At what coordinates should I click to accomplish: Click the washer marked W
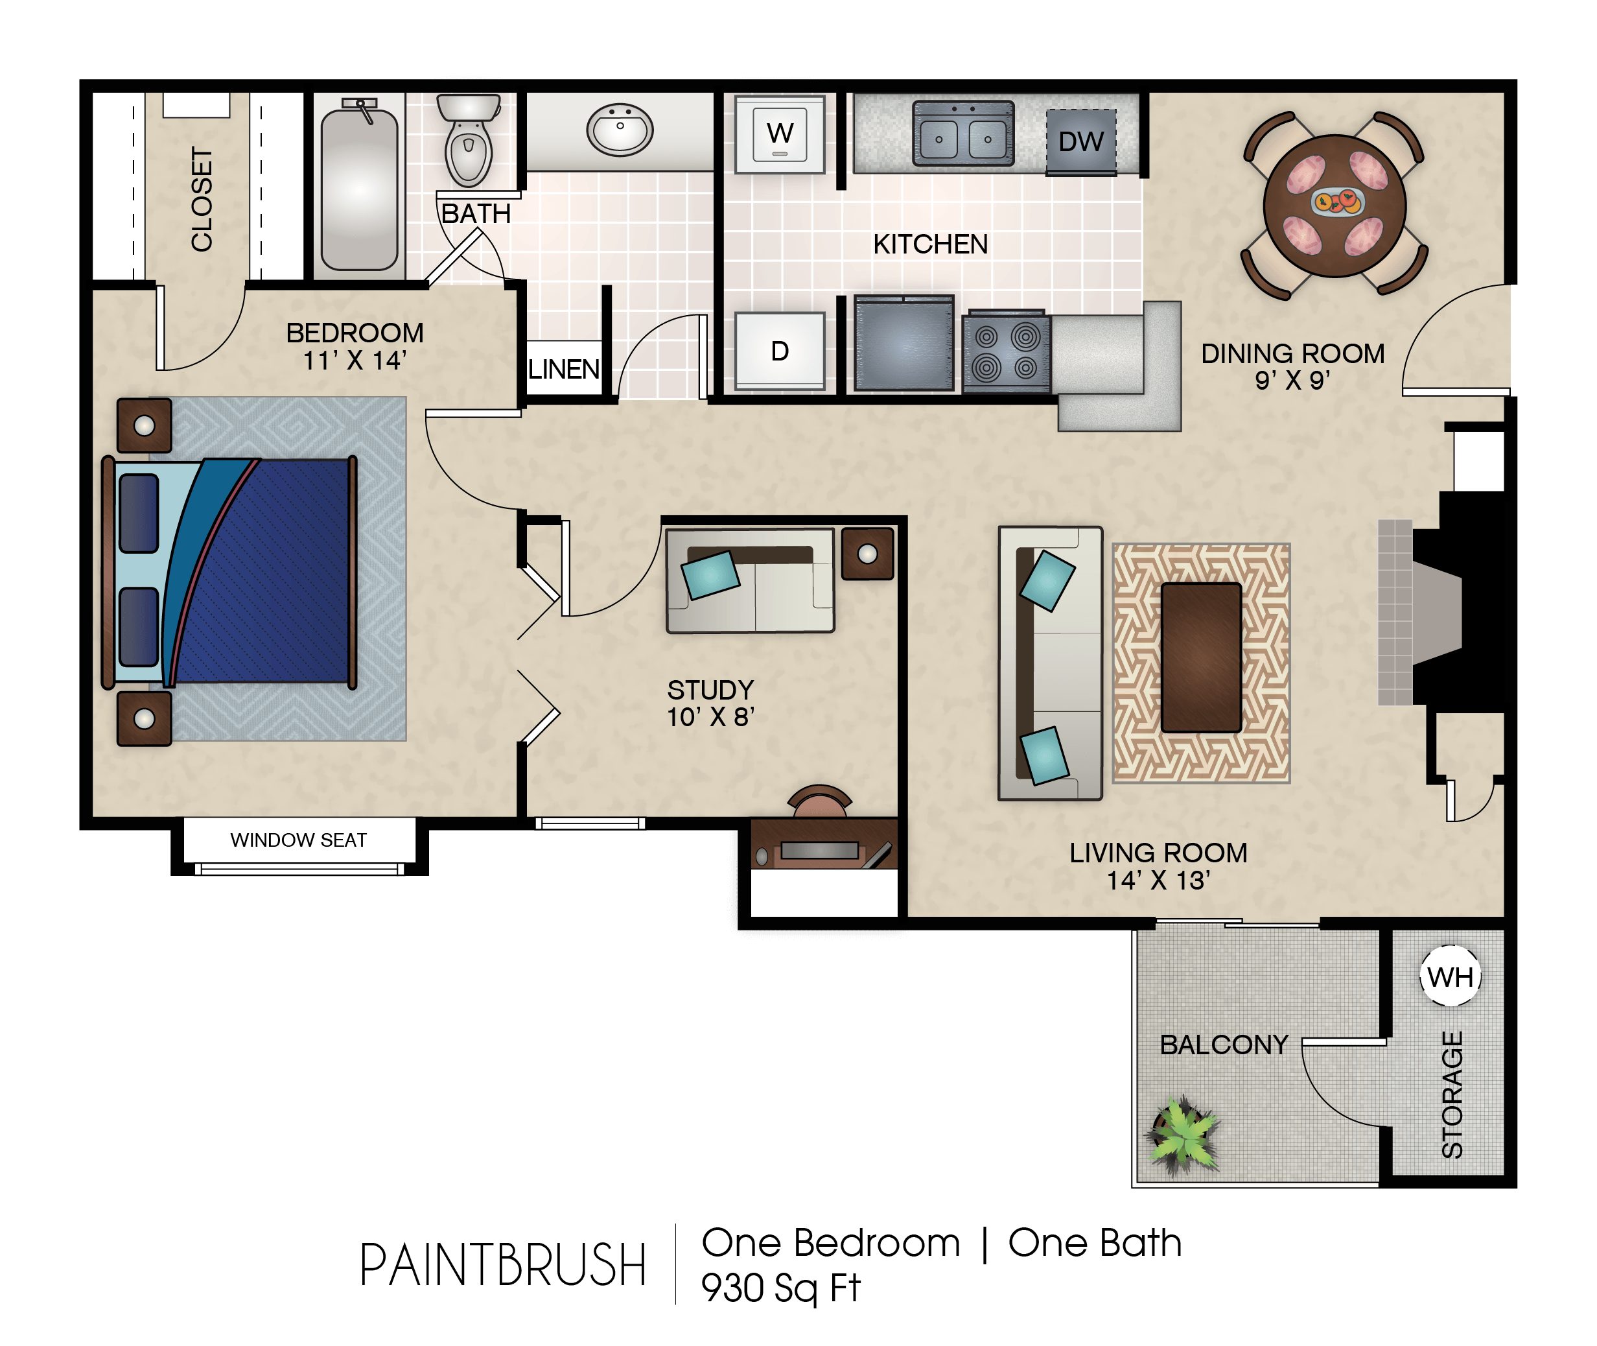tap(780, 134)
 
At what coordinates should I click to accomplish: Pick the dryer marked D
tap(780, 351)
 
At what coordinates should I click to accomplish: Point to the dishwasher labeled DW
tap(1080, 142)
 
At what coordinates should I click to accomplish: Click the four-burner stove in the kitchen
tap(1006, 352)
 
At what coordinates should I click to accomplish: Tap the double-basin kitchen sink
tap(964, 134)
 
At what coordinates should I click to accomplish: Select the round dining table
tap(1335, 206)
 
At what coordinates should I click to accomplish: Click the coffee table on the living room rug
tap(1201, 657)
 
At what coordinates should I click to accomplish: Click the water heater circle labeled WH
tap(1450, 976)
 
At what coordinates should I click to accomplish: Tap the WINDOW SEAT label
tap(299, 840)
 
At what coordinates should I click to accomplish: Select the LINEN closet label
tap(564, 370)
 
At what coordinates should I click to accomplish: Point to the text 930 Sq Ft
tap(781, 1288)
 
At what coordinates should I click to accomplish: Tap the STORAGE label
tap(1452, 1095)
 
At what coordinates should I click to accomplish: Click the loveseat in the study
tap(751, 581)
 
